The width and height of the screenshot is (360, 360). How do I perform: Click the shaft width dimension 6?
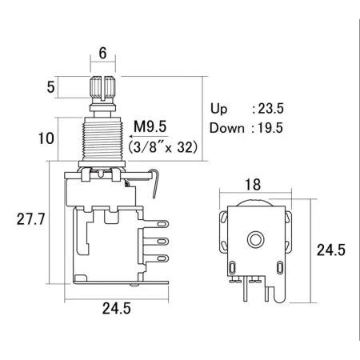[x=102, y=53]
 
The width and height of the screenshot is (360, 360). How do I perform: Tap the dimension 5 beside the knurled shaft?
[x=50, y=87]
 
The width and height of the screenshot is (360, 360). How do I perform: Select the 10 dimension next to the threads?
[x=46, y=138]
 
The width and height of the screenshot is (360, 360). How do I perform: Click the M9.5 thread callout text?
[x=150, y=126]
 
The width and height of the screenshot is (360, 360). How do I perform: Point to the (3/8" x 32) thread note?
[x=163, y=147]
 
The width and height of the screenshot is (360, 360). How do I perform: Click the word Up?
[x=219, y=109]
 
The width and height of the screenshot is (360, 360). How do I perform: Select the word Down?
[x=227, y=128]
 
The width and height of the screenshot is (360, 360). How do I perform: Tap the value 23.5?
[x=270, y=109]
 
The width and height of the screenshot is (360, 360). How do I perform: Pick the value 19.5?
[x=270, y=128]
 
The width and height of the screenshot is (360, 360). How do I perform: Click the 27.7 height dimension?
[x=30, y=219]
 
